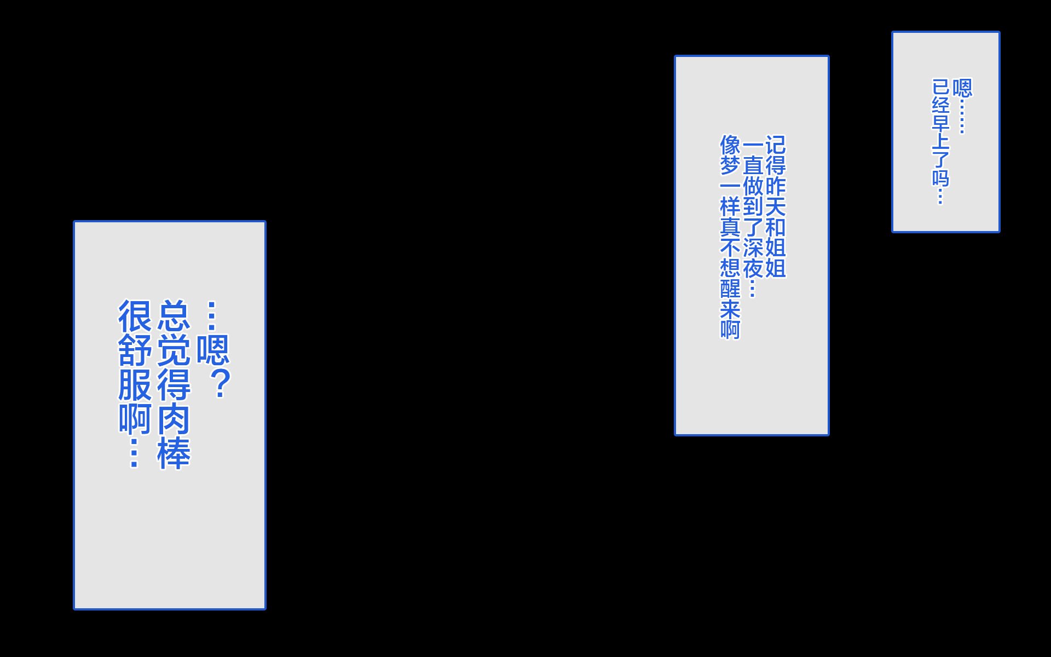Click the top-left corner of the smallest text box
pyautogui.click(x=892, y=32)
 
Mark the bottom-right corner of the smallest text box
pyautogui.click(x=999, y=232)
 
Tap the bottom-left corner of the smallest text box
pyautogui.click(x=892, y=232)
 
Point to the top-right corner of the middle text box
pyautogui.click(x=828, y=56)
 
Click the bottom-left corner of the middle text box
pyautogui.click(x=675, y=435)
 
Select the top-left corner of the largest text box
pyautogui.click(x=74, y=221)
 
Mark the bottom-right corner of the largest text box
pyautogui.click(x=265, y=609)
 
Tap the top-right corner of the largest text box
pyautogui.click(x=265, y=221)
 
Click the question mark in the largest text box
pyautogui.click(x=221, y=383)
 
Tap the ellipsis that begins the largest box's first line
pyautogui.click(x=212, y=316)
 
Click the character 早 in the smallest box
pyautogui.click(x=940, y=122)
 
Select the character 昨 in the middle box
pyautogui.click(x=775, y=186)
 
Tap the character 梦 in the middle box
pyautogui.click(x=730, y=165)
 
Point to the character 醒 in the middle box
pyautogui.click(x=730, y=289)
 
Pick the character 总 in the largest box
pyautogui.click(x=174, y=315)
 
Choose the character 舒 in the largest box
pyautogui.click(x=135, y=350)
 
